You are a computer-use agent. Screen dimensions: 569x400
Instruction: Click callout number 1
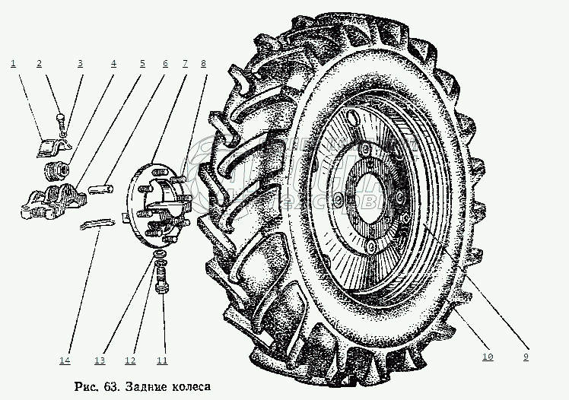(13, 64)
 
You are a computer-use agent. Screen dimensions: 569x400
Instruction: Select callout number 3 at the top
(80, 64)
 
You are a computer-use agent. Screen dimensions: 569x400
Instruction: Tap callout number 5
(141, 64)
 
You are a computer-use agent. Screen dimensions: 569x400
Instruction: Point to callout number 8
(203, 64)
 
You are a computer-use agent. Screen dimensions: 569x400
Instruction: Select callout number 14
(66, 360)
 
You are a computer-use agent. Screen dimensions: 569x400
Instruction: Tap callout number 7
(184, 64)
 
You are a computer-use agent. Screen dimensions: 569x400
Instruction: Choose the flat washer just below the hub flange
(159, 252)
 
